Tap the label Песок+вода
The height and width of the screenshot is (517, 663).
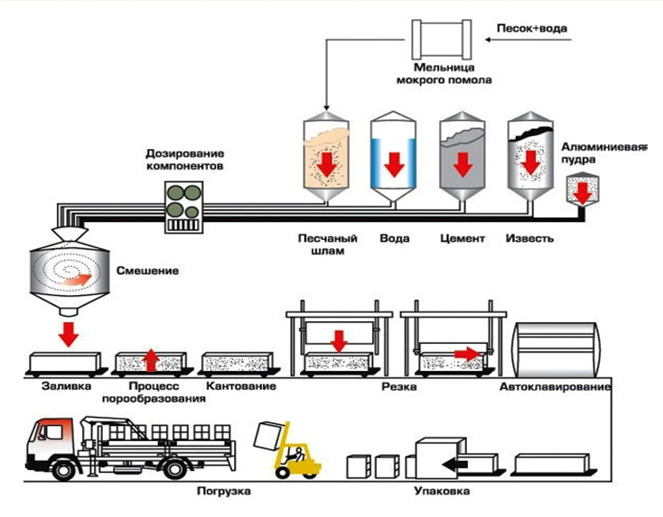coord(532,27)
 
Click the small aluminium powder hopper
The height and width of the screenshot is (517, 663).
coord(584,188)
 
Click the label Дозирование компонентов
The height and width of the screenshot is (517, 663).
coord(185,161)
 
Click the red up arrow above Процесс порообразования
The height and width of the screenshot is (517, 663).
coord(152,360)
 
